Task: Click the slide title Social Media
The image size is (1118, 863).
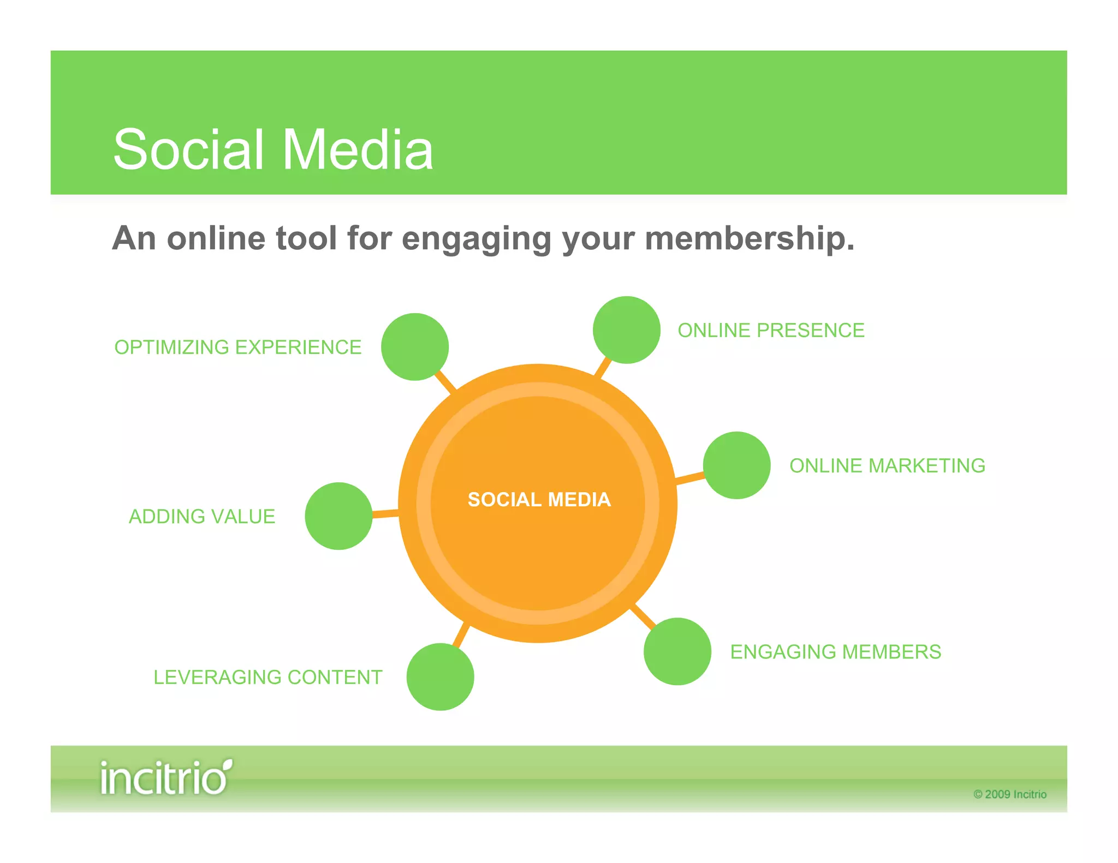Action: [273, 149]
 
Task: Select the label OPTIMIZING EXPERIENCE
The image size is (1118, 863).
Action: [238, 347]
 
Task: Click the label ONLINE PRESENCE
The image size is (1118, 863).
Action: [771, 331]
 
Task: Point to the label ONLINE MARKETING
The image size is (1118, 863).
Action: [887, 466]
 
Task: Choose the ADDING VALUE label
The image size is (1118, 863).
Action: [202, 517]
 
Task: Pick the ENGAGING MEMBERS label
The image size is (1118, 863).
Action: [835, 652]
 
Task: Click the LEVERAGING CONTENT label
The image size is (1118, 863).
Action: [267, 678]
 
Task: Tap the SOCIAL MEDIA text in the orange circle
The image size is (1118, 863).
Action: [539, 500]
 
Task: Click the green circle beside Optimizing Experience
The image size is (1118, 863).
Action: [415, 347]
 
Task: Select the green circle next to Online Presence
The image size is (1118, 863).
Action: [627, 330]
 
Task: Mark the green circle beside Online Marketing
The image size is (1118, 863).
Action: [736, 465]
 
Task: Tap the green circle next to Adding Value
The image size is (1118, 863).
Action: [338, 516]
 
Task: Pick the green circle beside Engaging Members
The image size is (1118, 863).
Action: [677, 651]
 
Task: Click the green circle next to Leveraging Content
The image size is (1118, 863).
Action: [440, 677]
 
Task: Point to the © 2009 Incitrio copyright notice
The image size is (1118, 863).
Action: [1009, 794]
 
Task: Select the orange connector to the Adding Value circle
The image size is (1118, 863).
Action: [385, 513]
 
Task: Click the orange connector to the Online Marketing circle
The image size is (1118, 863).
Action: [690, 478]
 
